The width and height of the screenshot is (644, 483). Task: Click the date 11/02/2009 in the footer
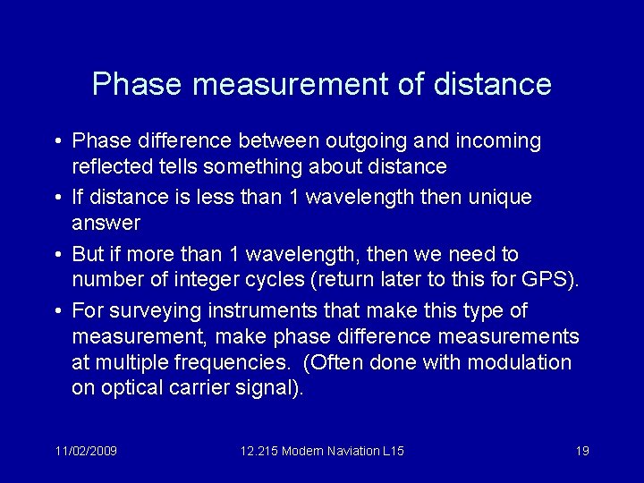[x=87, y=451]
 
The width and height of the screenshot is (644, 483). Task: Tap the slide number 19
[x=581, y=451]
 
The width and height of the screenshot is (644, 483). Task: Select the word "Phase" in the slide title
[x=136, y=84]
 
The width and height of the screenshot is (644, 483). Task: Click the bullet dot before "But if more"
[x=56, y=255]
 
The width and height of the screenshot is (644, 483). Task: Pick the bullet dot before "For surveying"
[x=56, y=311]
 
